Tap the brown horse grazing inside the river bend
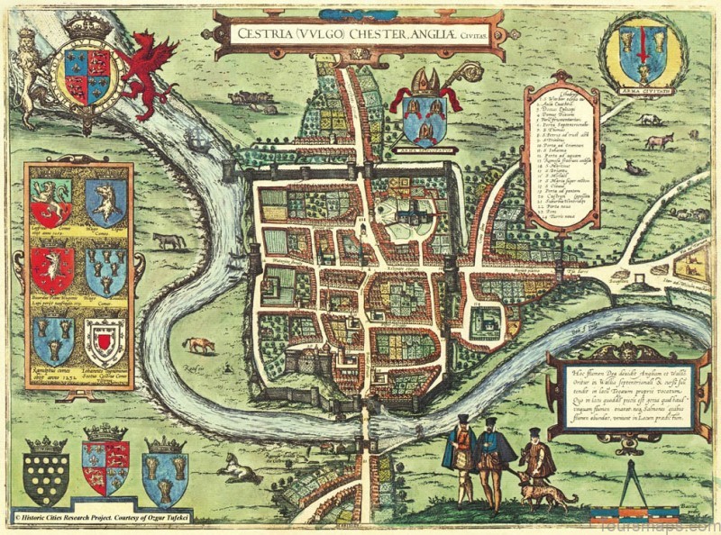point(198,345)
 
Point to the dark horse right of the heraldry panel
point(169,241)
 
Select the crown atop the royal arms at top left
point(87,27)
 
